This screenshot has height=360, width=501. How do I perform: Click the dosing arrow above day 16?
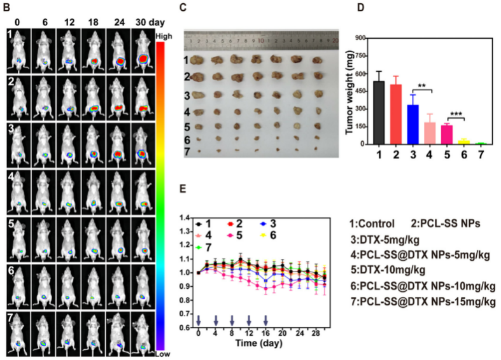tap(265, 319)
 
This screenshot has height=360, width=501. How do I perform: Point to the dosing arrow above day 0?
tap(199, 319)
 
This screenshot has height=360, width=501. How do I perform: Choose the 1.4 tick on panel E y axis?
tap(186, 218)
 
